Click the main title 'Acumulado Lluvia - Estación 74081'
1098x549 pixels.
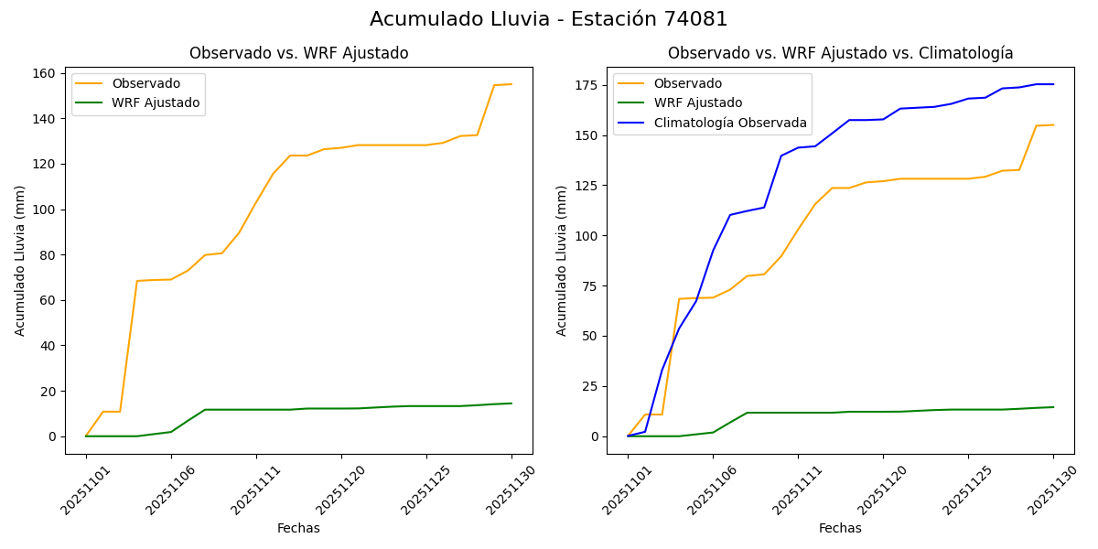[x=549, y=19]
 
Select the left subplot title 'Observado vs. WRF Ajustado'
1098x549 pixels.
[x=298, y=53]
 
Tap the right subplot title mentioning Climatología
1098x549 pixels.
[x=840, y=53]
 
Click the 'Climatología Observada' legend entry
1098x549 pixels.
[x=728, y=123]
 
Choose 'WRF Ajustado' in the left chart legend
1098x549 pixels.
[x=156, y=102]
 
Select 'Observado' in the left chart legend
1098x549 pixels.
[x=145, y=83]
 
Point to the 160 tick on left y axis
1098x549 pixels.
[x=45, y=73]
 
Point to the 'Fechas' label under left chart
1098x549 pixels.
[x=298, y=528]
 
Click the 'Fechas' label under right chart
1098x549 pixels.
[x=840, y=528]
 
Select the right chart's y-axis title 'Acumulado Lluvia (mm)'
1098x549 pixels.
[x=562, y=260]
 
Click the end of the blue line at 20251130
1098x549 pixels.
[x=1053, y=84]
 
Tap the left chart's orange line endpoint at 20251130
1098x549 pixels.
[x=511, y=84]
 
